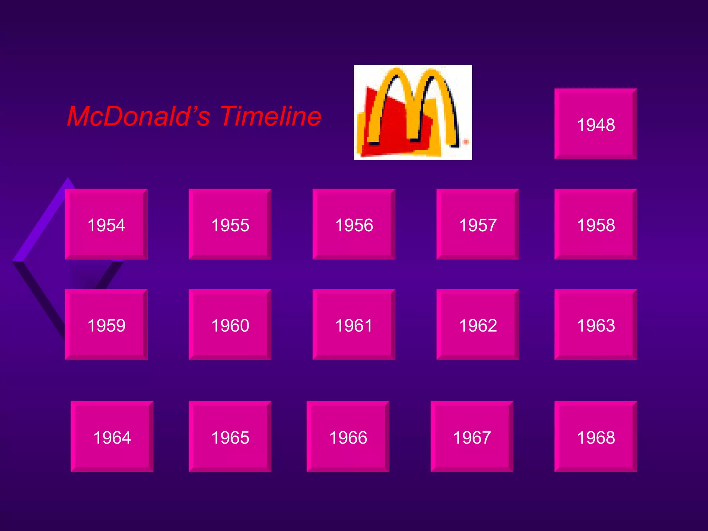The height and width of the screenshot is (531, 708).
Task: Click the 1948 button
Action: (x=596, y=124)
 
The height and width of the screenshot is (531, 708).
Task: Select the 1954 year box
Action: (x=106, y=224)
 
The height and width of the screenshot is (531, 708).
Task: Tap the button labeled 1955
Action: (x=230, y=224)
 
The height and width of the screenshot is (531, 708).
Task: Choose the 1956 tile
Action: (x=354, y=224)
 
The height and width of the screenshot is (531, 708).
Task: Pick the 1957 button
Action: (x=478, y=224)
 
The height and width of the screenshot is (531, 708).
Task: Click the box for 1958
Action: (x=596, y=224)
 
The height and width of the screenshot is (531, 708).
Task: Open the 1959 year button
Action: (x=106, y=325)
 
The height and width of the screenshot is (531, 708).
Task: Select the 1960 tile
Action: (x=230, y=325)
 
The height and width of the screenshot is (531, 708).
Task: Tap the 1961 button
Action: (x=354, y=325)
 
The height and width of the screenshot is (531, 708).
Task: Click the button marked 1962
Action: (x=478, y=325)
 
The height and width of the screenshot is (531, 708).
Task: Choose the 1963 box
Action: (x=596, y=325)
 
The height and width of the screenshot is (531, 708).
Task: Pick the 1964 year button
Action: (x=112, y=437)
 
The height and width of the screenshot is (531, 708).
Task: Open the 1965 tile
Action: (x=230, y=437)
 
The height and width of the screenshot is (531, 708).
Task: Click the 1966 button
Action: (x=348, y=437)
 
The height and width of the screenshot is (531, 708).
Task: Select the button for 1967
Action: (x=472, y=437)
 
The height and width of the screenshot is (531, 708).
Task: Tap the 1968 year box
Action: (x=596, y=437)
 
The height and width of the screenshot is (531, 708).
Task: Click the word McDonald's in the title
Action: (x=139, y=116)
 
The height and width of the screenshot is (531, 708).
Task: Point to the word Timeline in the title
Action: (x=271, y=116)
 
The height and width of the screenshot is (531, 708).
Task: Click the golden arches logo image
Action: (x=413, y=112)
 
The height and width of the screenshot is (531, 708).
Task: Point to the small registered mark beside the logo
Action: (x=466, y=142)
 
